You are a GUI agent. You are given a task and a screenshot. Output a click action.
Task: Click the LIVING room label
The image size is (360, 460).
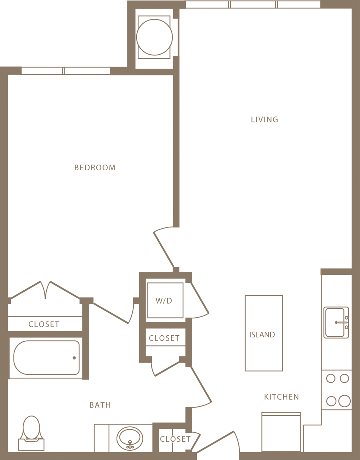tap(264, 120)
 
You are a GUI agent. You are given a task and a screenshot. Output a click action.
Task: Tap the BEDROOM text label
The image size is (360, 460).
tap(95, 167)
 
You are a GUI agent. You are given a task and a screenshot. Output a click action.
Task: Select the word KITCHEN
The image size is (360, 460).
tap(281, 397)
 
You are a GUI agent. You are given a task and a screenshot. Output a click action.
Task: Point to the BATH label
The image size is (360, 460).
tap(100, 405)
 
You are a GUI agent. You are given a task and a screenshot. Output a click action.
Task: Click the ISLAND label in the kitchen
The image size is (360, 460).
tap(262, 335)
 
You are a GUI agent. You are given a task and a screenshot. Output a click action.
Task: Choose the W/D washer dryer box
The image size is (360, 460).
tap(165, 300)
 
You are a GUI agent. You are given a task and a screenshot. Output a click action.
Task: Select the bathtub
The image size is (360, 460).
tap(46, 358)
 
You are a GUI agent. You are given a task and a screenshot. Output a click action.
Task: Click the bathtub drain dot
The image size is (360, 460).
tap(74, 358)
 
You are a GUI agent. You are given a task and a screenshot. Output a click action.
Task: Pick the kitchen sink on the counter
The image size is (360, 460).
tap(336, 322)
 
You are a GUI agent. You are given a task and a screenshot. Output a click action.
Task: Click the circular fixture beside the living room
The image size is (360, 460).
tap(154, 37)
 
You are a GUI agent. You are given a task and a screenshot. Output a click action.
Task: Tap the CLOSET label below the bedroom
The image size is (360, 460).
tap(44, 324)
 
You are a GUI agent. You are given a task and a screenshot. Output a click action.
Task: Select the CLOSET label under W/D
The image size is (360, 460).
tap(164, 338)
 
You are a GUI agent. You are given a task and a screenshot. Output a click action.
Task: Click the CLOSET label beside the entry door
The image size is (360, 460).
tap(175, 439)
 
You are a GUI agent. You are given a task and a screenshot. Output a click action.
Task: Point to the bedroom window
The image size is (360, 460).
tap(65, 71)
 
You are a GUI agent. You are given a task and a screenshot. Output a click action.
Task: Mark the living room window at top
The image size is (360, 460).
tap(253, 4)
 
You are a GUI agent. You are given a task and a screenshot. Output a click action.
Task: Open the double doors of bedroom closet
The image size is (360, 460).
tap(45, 290)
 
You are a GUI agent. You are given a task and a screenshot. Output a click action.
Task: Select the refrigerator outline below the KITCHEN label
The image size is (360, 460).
tap(281, 432)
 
